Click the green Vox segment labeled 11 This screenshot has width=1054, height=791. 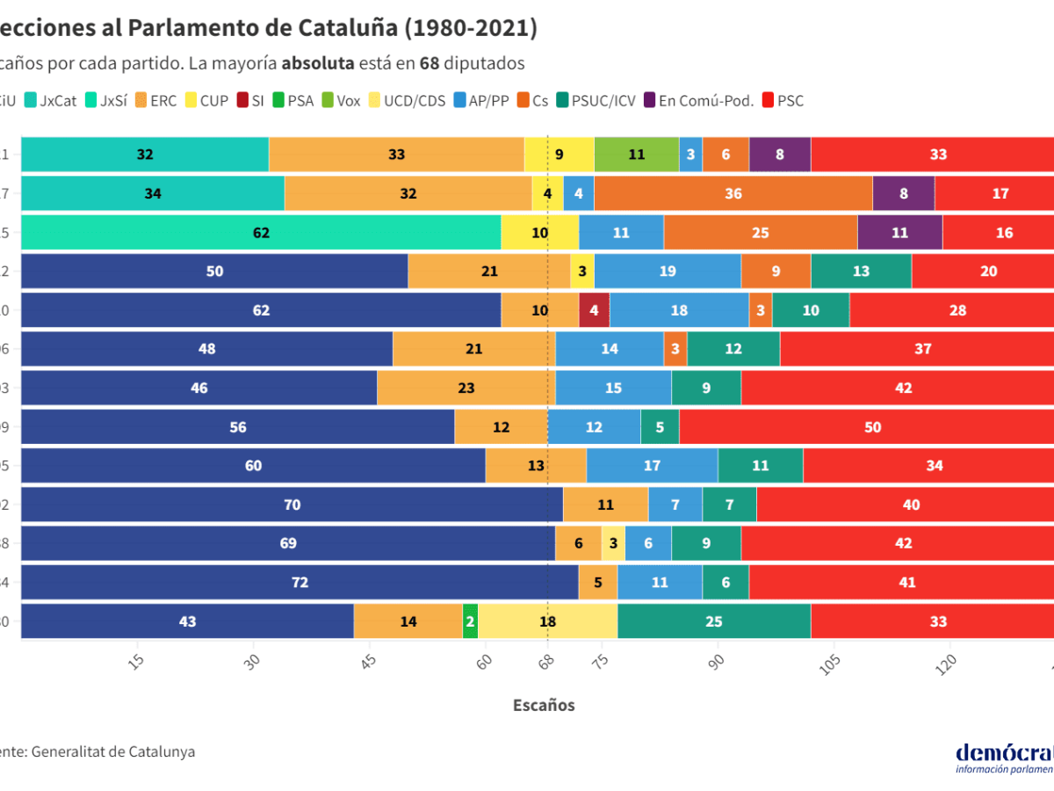pos(637,155)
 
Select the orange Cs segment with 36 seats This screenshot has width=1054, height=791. pos(733,193)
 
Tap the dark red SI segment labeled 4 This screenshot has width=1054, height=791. pos(595,310)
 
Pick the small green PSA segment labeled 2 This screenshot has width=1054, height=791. pos(470,621)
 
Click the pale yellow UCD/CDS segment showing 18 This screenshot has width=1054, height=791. pos(548,621)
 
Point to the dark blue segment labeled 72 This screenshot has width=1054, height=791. pos(300,582)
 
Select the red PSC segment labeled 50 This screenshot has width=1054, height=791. pos(872,427)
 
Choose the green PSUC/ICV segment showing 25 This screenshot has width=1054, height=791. pos(713,621)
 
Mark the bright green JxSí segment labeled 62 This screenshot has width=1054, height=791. pos(261,233)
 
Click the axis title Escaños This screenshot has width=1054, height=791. pos(544,705)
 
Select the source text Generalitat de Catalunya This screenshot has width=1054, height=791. pos(113,751)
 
